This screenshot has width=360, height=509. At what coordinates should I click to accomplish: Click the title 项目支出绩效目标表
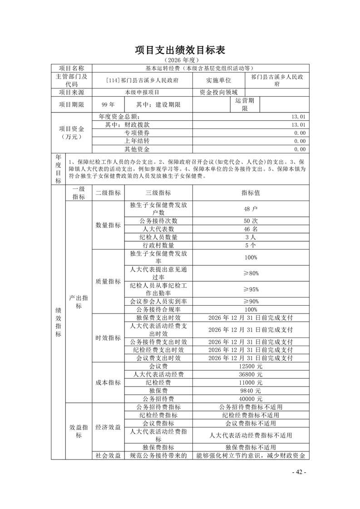click(180, 49)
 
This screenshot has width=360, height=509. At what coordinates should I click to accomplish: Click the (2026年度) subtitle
click(180, 60)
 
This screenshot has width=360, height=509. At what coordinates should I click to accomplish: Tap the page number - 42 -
click(299, 472)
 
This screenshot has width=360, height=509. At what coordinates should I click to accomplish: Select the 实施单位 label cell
click(218, 80)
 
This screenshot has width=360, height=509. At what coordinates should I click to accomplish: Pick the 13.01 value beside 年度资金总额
click(299, 116)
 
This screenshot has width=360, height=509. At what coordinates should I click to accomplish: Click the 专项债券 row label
click(137, 132)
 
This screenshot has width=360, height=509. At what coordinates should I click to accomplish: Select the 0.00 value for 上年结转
click(299, 141)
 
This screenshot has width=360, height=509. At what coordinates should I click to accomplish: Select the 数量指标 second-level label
click(108, 225)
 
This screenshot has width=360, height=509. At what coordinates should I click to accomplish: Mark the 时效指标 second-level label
click(108, 338)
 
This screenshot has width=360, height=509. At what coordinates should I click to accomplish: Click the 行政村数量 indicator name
click(158, 245)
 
